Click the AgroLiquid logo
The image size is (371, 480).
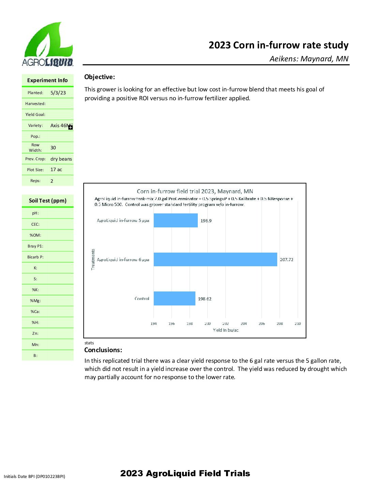point(47,44)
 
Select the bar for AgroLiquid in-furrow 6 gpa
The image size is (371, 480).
point(215,259)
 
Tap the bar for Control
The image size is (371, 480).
point(174,299)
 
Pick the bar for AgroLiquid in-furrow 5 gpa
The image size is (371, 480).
point(176,221)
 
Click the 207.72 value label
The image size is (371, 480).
point(286,260)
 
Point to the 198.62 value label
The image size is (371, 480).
point(205,299)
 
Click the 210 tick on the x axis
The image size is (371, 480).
point(298,324)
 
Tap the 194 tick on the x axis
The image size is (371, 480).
point(153,324)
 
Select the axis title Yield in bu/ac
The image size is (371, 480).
point(226,330)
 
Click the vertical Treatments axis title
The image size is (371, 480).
point(93,259)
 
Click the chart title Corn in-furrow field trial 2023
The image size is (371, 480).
point(195,191)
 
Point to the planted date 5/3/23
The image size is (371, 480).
point(58,93)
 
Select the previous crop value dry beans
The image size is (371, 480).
point(61,159)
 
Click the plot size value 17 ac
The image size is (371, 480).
point(56,170)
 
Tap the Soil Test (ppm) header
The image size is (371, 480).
point(48,200)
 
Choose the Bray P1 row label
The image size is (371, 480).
point(35,246)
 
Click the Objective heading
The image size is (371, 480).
point(100,77)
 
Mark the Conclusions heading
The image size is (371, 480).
point(103,350)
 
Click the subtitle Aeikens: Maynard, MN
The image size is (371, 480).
point(309,59)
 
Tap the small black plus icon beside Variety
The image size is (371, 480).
point(71,127)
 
